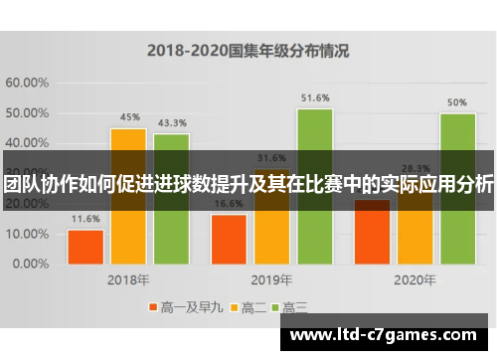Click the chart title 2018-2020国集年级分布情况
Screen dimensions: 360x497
point(248,48)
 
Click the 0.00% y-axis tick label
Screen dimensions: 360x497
point(30,265)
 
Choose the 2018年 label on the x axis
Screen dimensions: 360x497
point(128,280)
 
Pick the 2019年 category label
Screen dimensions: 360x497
point(272,280)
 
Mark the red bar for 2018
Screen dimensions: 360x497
point(85,247)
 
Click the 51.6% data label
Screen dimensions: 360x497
point(314,97)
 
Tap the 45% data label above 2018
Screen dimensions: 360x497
point(128,117)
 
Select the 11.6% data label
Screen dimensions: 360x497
point(85,219)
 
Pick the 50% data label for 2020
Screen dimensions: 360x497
point(457,102)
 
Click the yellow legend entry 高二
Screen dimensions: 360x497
point(248,307)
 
